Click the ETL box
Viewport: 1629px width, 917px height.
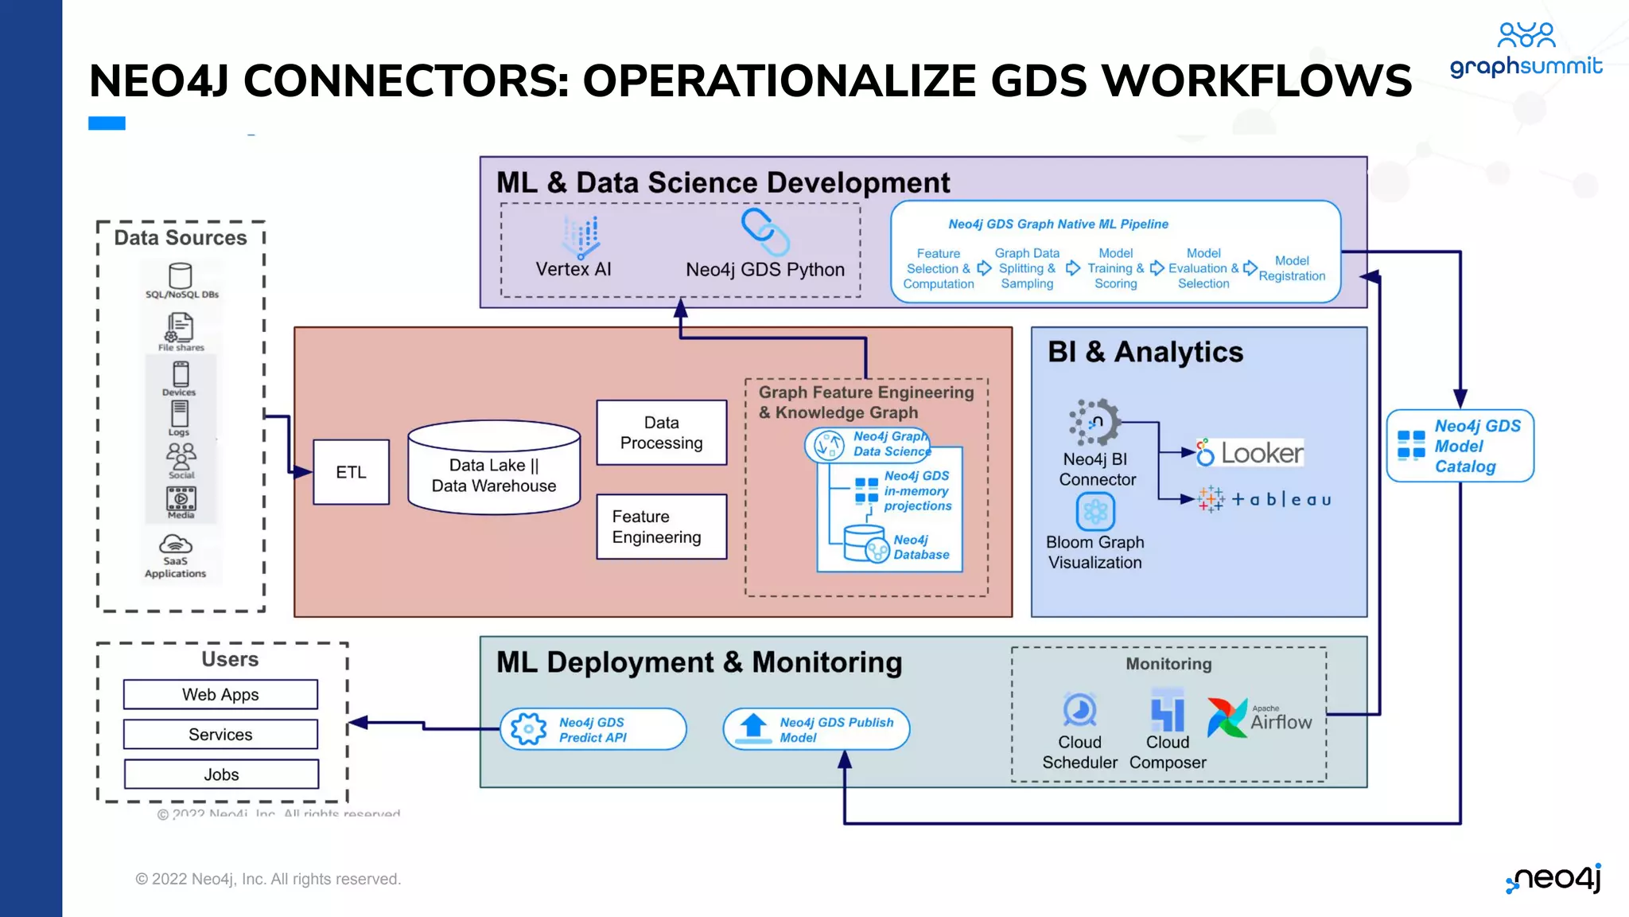point(351,472)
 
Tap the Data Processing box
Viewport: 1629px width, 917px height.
point(661,432)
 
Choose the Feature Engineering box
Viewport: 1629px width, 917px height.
point(661,527)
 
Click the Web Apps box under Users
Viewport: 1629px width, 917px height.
point(220,694)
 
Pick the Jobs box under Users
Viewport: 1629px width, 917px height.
point(220,774)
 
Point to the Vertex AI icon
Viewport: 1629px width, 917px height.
point(581,236)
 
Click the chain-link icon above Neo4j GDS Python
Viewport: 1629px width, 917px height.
point(764,231)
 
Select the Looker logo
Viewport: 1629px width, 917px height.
point(1250,453)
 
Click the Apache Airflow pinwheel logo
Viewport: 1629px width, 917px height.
point(1227,716)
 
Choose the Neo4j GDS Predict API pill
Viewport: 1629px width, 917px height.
point(593,729)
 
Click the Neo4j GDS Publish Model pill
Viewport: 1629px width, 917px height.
point(816,729)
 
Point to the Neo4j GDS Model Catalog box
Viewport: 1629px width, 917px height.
point(1460,446)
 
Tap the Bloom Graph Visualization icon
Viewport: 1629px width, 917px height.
point(1095,511)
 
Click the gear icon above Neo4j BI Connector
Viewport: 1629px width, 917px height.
point(1094,422)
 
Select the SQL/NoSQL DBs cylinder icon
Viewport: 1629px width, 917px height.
point(181,276)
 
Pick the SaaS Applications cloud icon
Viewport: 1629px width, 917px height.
point(176,544)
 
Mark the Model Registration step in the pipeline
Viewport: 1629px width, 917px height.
point(1292,268)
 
